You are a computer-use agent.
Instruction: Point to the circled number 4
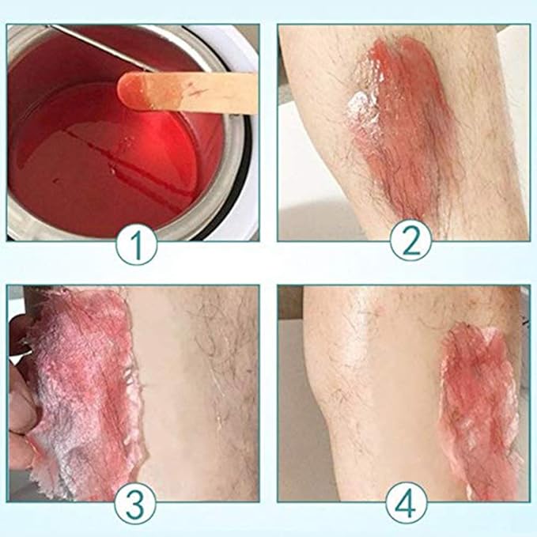407,502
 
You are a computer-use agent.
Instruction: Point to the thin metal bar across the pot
87,43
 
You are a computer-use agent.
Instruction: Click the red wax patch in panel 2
395,127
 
